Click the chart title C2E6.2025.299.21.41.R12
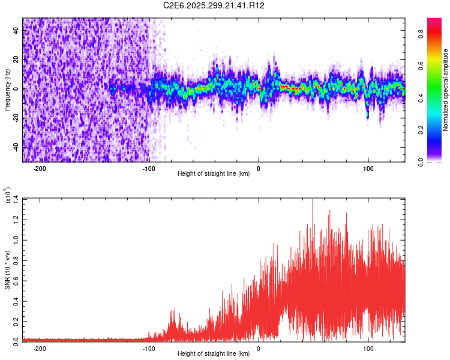214,5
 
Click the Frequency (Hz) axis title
7,89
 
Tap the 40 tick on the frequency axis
16,31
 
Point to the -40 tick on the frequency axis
15,147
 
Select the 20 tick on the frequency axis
16,60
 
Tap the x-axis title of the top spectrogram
214,174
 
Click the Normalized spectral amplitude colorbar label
446,90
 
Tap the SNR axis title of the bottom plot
7,269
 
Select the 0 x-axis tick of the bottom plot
259,349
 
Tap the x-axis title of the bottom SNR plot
214,353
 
